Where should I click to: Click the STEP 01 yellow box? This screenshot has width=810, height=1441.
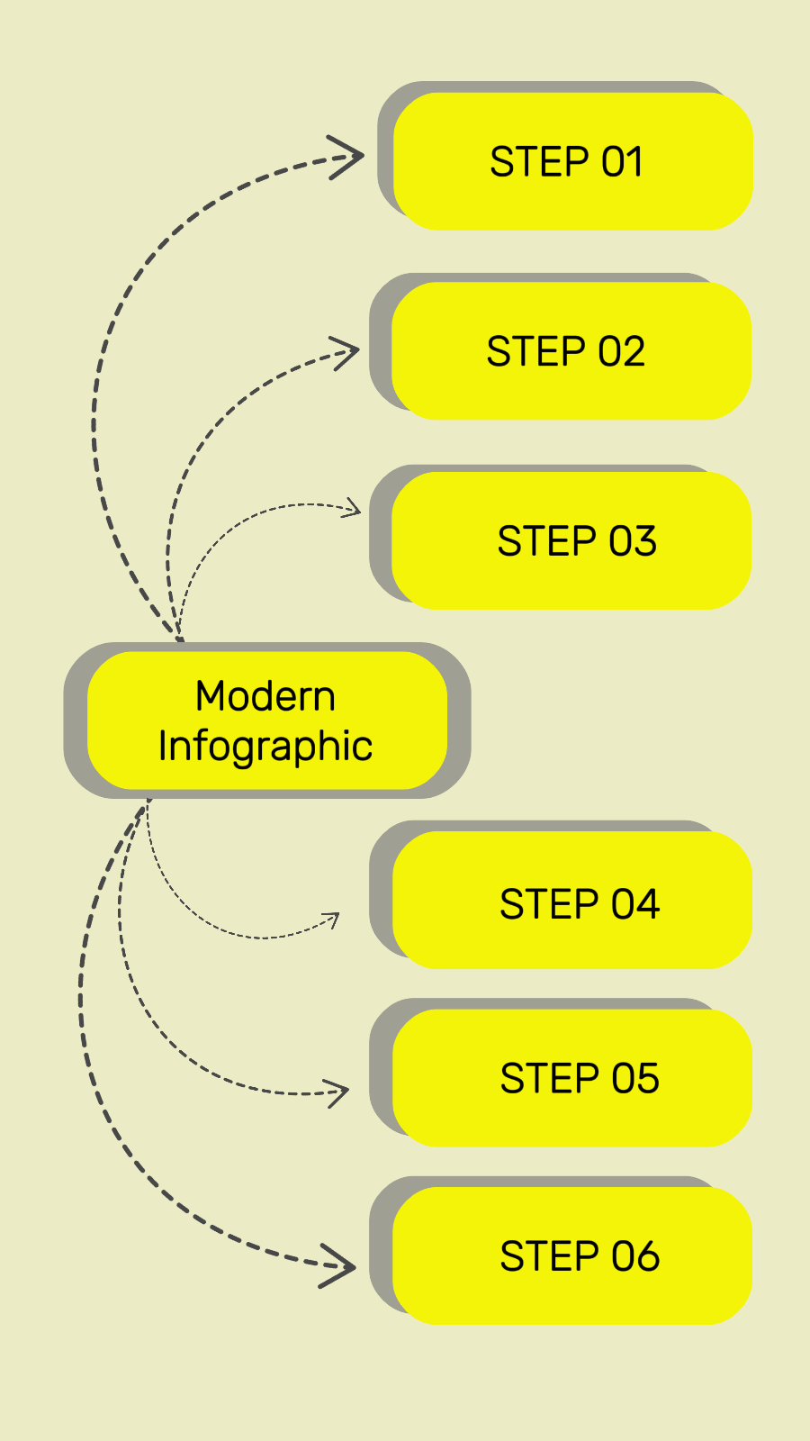click(x=573, y=161)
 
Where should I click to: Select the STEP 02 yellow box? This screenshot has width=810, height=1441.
click(x=571, y=351)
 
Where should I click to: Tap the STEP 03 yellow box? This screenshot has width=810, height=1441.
click(x=571, y=541)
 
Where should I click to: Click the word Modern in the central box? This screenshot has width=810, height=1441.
click(x=265, y=696)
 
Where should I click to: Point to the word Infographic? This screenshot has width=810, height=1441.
click(x=265, y=747)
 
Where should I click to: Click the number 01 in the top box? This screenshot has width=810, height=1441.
click(x=622, y=162)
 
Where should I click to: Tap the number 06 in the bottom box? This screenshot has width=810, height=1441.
click(x=635, y=1256)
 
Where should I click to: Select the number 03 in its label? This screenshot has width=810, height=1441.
click(x=633, y=541)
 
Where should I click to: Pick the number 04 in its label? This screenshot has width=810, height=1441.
click(x=635, y=904)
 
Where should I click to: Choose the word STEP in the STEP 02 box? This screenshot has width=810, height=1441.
click(x=536, y=352)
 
